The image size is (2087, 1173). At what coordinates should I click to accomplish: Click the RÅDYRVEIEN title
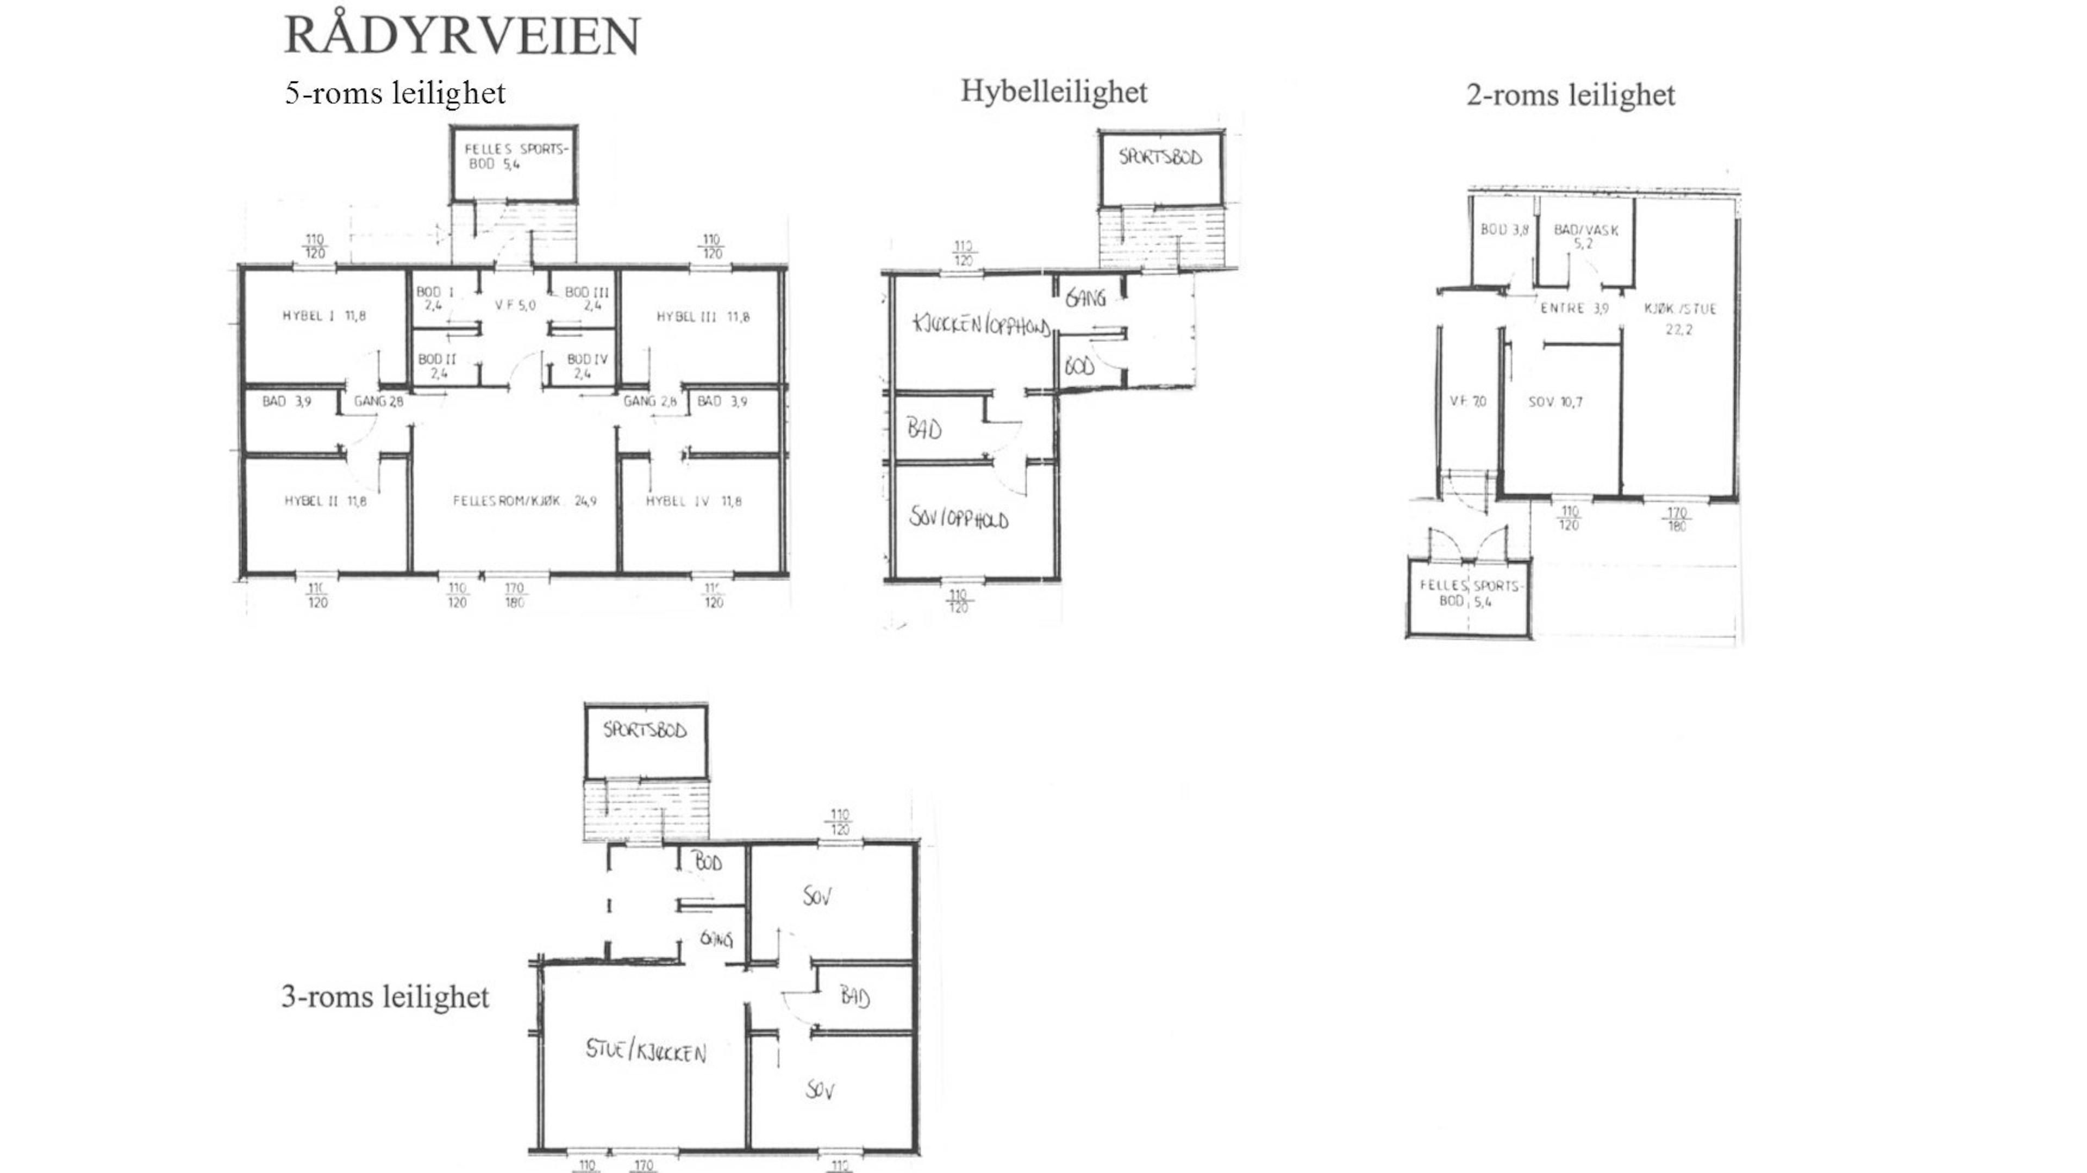pyautogui.click(x=462, y=36)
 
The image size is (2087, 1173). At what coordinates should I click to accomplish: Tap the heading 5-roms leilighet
pyautogui.click(x=395, y=93)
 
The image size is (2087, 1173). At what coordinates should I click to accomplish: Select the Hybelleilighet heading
pyautogui.click(x=1053, y=91)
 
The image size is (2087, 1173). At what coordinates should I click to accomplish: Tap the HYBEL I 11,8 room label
pyautogui.click(x=323, y=316)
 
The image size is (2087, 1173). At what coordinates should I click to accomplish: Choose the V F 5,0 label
pyautogui.click(x=515, y=305)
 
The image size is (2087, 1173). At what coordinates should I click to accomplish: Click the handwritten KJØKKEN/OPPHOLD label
pyautogui.click(x=981, y=325)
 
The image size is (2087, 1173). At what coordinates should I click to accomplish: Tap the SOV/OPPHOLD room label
pyautogui.click(x=958, y=518)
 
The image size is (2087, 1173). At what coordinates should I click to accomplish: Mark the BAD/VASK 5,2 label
pyautogui.click(x=1585, y=236)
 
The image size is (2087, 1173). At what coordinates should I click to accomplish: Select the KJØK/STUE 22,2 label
pyautogui.click(x=1679, y=318)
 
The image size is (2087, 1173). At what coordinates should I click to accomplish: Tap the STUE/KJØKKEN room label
pyautogui.click(x=646, y=1051)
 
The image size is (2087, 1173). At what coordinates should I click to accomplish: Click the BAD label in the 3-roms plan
pyautogui.click(x=855, y=996)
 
